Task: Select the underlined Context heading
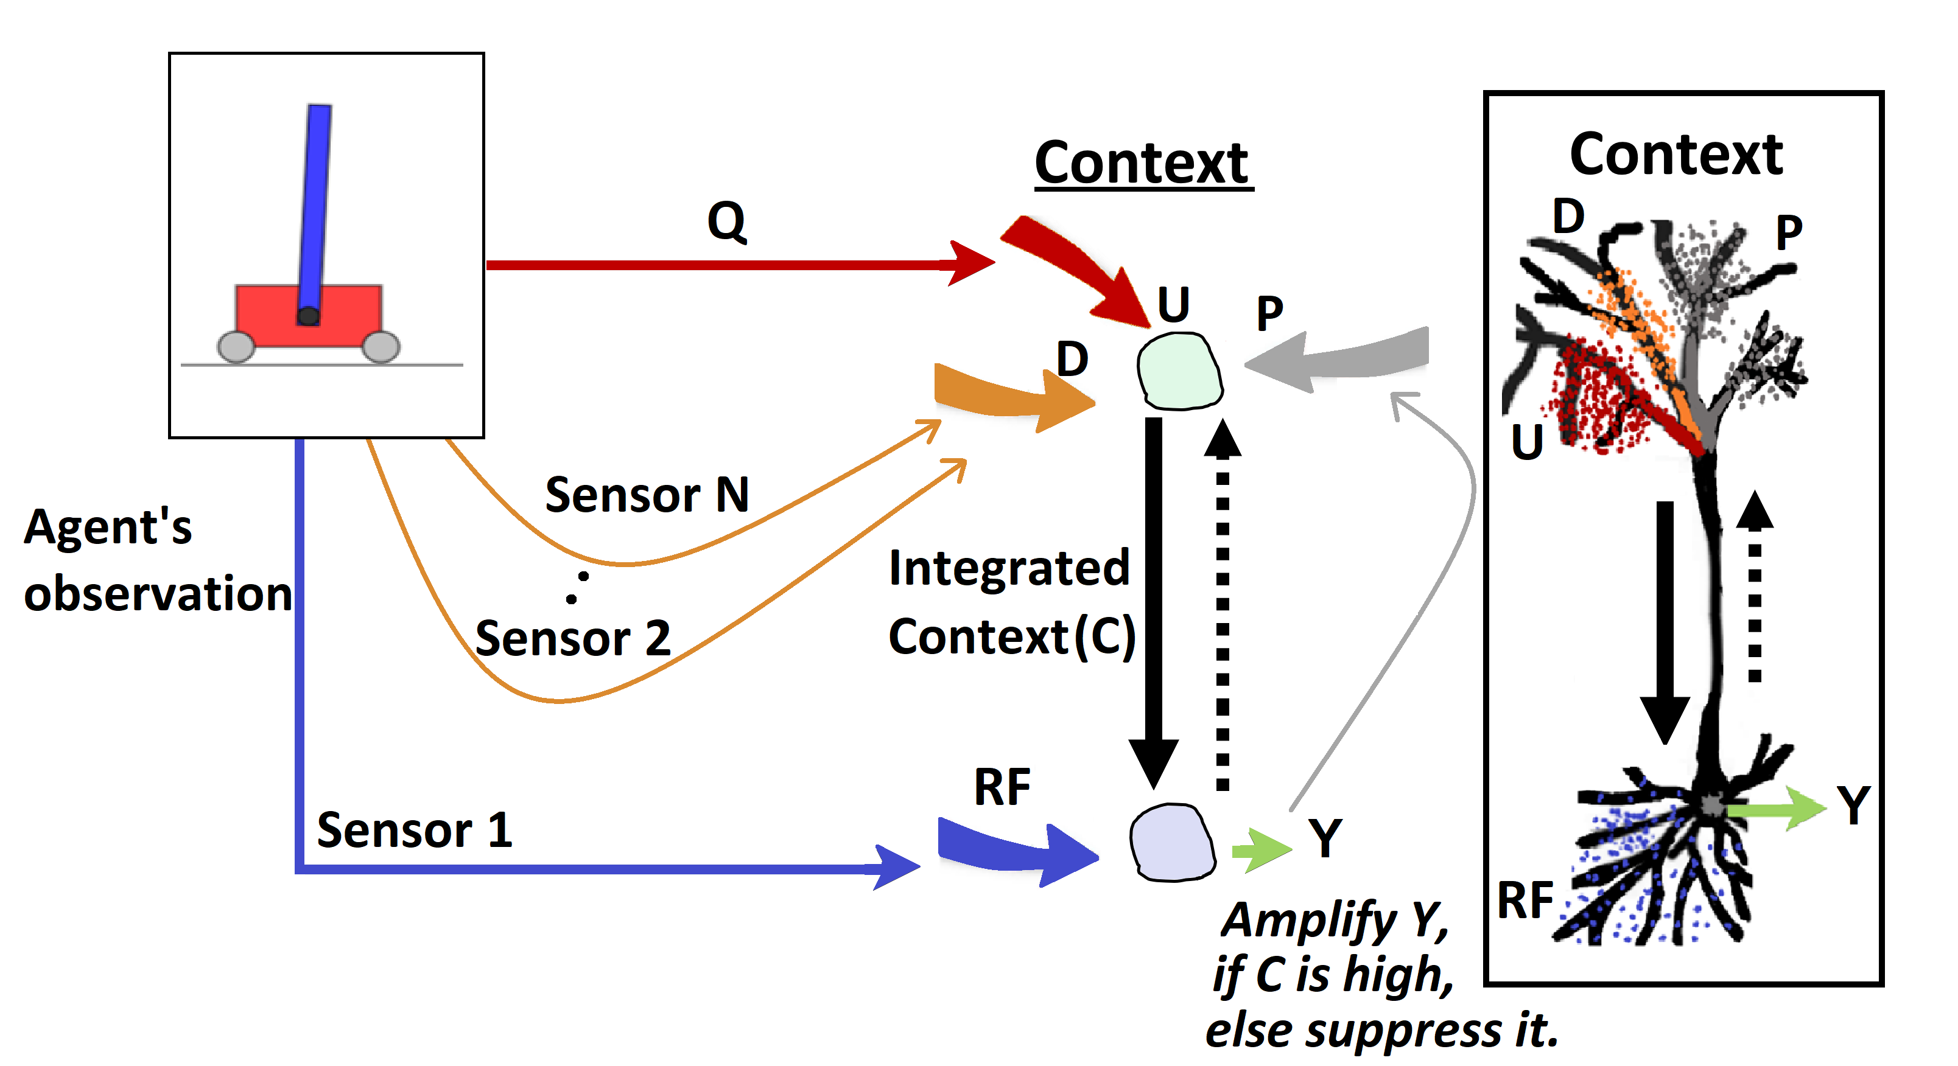[x=1142, y=162]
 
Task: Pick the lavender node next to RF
[x=1171, y=843]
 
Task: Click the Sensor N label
[x=647, y=495]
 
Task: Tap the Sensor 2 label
[x=572, y=638]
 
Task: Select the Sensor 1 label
[x=414, y=830]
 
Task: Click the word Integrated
[x=1009, y=568]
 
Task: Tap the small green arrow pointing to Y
[x=1260, y=849]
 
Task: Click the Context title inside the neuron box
[x=1676, y=154]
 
